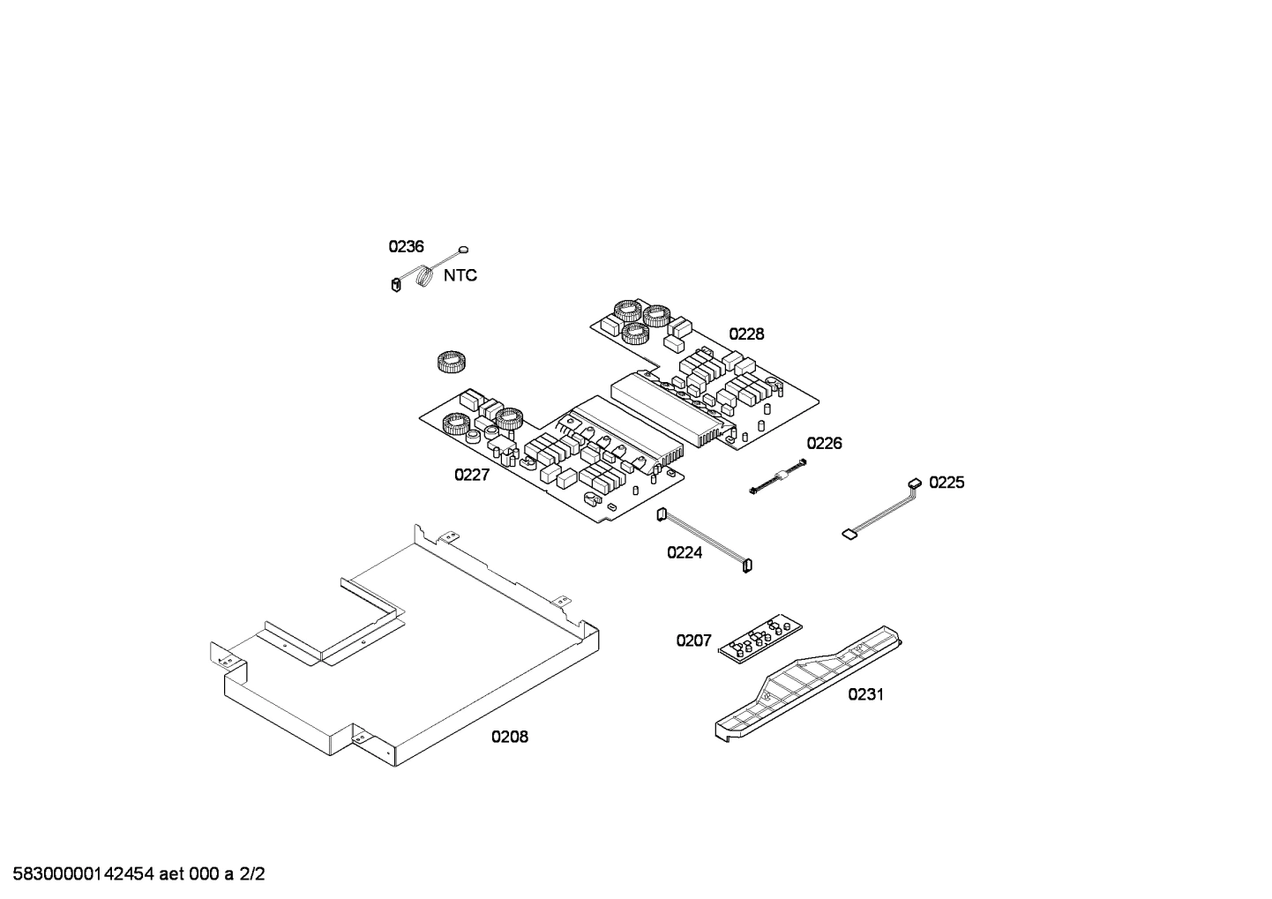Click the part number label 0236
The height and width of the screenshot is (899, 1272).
pyautogui.click(x=406, y=247)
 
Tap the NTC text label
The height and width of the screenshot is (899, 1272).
pyautogui.click(x=460, y=275)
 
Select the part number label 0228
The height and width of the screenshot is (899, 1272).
pyautogui.click(x=746, y=333)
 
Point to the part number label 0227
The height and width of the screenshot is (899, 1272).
pyautogui.click(x=472, y=475)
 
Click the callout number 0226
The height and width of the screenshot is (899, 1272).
pyautogui.click(x=824, y=443)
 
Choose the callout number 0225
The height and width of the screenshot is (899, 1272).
pyautogui.click(x=947, y=483)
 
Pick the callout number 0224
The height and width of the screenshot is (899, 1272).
pyautogui.click(x=685, y=553)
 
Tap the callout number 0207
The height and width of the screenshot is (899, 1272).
pyautogui.click(x=693, y=641)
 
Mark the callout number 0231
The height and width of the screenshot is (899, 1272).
pyautogui.click(x=865, y=694)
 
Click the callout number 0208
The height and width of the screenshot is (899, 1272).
pyautogui.click(x=510, y=737)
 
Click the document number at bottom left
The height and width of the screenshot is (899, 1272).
pyautogui.click(x=132, y=874)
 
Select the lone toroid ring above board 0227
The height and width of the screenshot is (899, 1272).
pyautogui.click(x=451, y=362)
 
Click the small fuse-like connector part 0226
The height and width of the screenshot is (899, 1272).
pyautogui.click(x=778, y=478)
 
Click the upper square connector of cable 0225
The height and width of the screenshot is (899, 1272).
pyautogui.click(x=915, y=483)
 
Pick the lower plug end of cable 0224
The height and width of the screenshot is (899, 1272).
pyautogui.click(x=747, y=566)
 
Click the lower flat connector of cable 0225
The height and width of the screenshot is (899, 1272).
pyautogui.click(x=849, y=533)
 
